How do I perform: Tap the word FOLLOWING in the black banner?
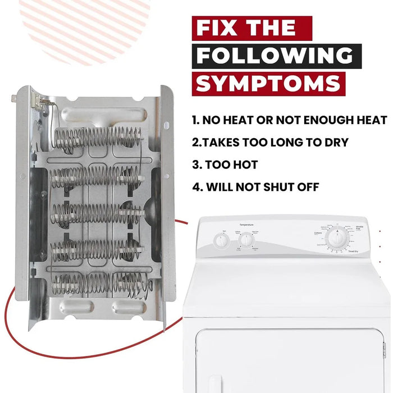pyautogui.click(x=275, y=56)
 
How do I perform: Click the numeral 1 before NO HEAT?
pyautogui.click(x=195, y=120)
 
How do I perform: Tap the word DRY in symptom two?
pyautogui.click(x=335, y=143)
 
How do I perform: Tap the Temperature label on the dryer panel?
pyautogui.click(x=246, y=223)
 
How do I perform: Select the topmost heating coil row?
pyautogui.click(x=98, y=137)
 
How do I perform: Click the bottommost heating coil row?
pyautogui.click(x=98, y=284)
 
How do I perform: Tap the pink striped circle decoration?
pyautogui.click(x=84, y=28)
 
